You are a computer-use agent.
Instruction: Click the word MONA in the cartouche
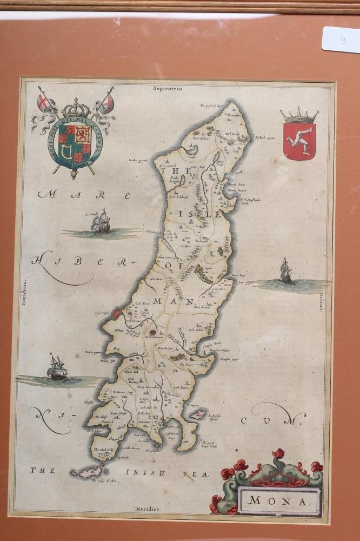point(279,500)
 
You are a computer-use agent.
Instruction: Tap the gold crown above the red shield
point(299,115)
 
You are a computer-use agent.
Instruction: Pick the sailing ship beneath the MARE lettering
point(100,222)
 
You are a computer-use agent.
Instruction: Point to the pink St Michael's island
point(197,414)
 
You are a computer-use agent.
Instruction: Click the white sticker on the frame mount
point(341,39)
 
